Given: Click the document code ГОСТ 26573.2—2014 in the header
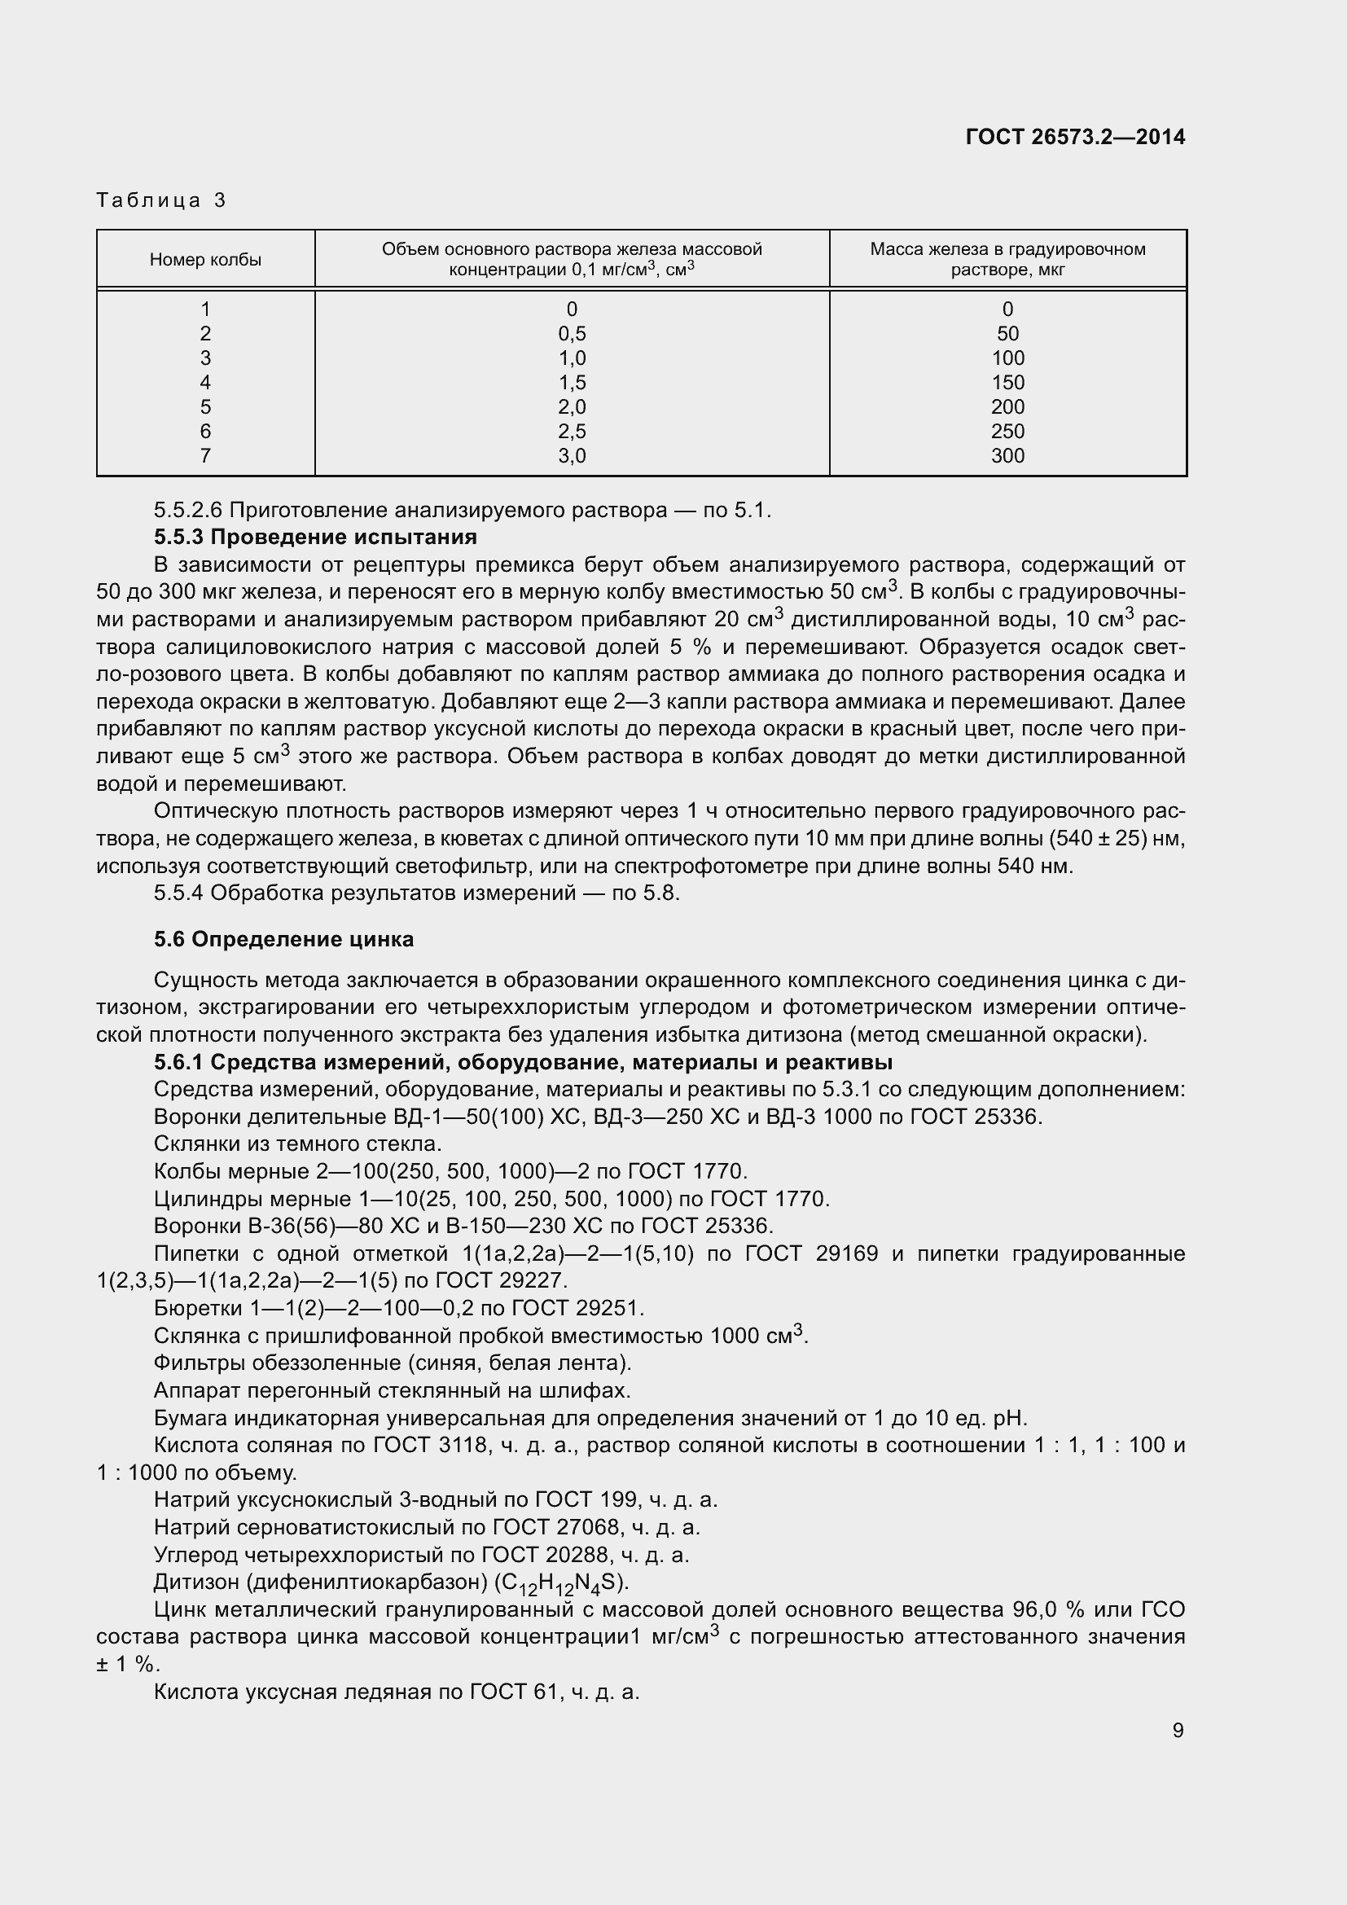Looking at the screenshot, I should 1075,137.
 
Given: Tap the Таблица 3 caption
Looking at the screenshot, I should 161,200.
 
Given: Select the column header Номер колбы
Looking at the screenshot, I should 205,260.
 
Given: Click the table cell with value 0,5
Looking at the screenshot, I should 572,334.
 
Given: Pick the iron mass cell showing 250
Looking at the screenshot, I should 1007,432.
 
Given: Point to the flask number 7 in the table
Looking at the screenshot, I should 205,455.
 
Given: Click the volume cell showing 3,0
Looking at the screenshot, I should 572,455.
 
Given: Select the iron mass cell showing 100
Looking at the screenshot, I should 1007,358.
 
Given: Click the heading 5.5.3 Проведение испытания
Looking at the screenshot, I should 315,537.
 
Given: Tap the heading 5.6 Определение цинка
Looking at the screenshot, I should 283,939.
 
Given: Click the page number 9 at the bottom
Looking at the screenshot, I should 1178,1730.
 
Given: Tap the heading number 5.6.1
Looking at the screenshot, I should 178,1062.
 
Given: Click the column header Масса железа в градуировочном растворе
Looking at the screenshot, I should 1007,259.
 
